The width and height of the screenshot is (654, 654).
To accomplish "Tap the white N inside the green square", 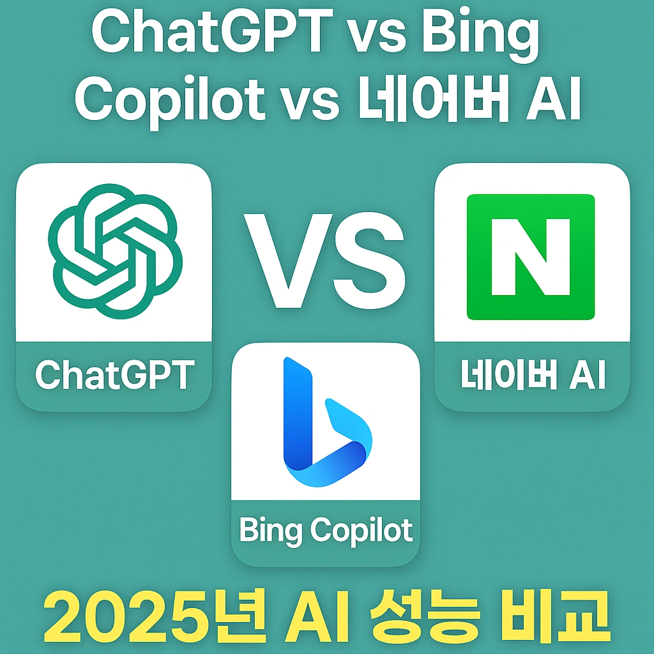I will click(x=531, y=257).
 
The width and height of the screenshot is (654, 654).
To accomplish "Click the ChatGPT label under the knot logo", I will click(x=114, y=375).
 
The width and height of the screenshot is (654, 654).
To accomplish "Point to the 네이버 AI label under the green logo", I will click(x=532, y=376).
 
